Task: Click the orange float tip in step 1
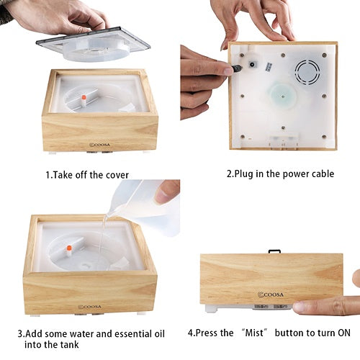[84, 97]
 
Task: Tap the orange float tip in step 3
[69, 248]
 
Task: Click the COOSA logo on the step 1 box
[99, 145]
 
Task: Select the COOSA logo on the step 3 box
[89, 307]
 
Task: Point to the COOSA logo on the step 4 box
[271, 294]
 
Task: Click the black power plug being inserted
[237, 68]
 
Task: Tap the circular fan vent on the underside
[307, 72]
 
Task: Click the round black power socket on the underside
[252, 65]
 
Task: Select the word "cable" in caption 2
[323, 174]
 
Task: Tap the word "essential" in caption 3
[130, 334]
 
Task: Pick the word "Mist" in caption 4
[254, 333]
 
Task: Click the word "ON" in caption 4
[344, 333]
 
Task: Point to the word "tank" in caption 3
[69, 345]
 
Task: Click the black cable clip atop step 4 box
[274, 251]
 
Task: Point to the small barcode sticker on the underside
[269, 67]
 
